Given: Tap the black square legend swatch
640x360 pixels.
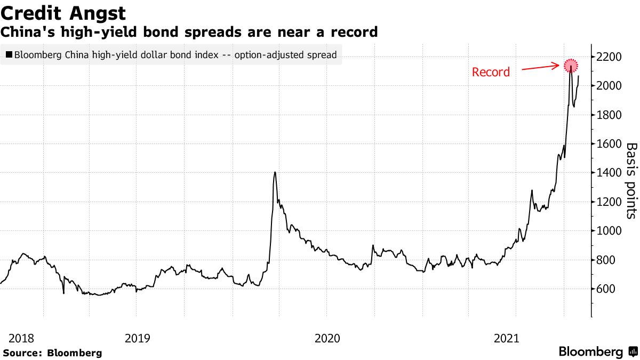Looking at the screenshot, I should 9,54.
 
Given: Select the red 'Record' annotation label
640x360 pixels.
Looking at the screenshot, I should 491,72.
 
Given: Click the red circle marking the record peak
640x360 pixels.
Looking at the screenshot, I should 571,66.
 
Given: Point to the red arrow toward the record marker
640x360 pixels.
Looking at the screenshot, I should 541,68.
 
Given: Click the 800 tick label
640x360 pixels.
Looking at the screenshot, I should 607,260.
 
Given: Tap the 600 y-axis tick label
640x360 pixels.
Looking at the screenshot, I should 607,289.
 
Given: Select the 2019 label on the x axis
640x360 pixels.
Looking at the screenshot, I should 138,338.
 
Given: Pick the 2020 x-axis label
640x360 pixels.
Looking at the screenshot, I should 327,338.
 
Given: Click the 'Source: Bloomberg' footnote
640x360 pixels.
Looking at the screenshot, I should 52,353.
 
